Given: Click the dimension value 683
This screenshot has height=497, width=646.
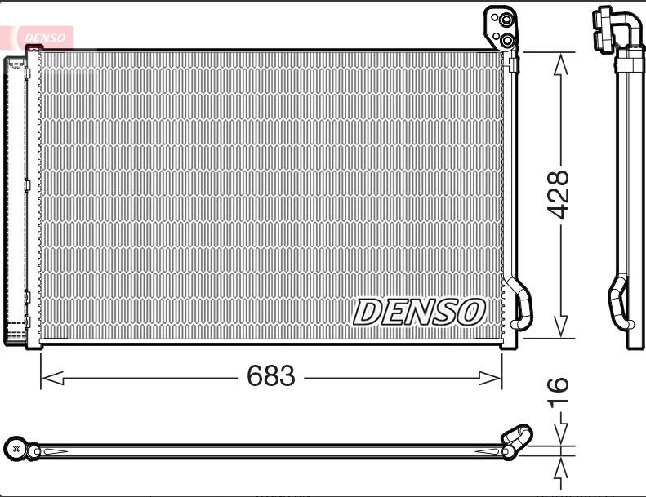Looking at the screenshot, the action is click(270, 375).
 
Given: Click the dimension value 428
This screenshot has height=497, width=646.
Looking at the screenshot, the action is click(558, 194).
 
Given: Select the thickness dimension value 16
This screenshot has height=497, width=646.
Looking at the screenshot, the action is click(558, 393).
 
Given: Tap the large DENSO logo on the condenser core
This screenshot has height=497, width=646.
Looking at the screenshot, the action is click(419, 312).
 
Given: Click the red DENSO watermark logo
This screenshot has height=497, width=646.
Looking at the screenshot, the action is click(44, 38).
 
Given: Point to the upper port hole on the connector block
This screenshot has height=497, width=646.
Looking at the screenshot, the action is click(506, 20).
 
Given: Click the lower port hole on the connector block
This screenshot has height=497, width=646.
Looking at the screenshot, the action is click(507, 40).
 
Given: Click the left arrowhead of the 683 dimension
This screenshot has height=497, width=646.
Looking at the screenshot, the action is click(53, 378).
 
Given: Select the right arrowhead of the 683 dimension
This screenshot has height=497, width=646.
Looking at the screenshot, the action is click(490, 378).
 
